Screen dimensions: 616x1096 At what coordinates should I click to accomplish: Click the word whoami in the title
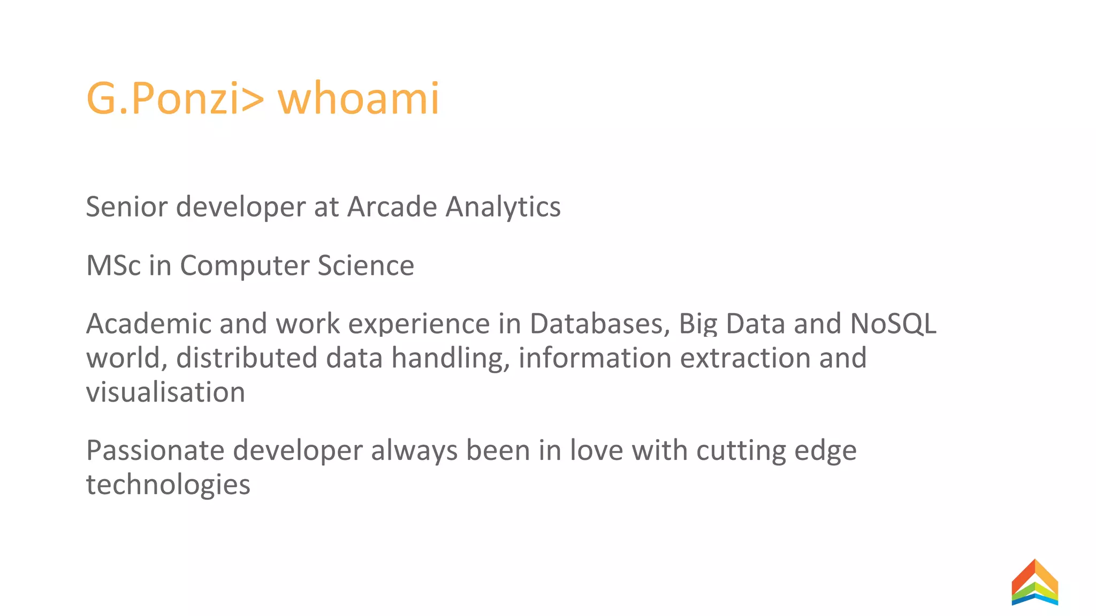[x=358, y=98]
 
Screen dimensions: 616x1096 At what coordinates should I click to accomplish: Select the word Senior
[x=127, y=207]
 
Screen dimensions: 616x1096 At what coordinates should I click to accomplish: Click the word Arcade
[x=392, y=207]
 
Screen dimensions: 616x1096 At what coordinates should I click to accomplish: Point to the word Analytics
[x=503, y=207]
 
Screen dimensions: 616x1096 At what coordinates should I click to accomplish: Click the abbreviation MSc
[x=113, y=266]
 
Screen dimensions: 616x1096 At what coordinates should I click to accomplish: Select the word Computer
[x=245, y=266]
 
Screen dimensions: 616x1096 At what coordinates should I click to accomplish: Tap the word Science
[x=366, y=266]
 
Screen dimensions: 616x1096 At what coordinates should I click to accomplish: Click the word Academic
[x=148, y=324]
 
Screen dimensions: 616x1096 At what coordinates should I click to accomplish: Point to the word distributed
[x=247, y=358]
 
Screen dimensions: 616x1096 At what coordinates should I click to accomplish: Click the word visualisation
[x=165, y=392]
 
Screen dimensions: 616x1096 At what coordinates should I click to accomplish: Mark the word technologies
[x=168, y=485]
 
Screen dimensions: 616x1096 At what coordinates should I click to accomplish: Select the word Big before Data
[x=698, y=324]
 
